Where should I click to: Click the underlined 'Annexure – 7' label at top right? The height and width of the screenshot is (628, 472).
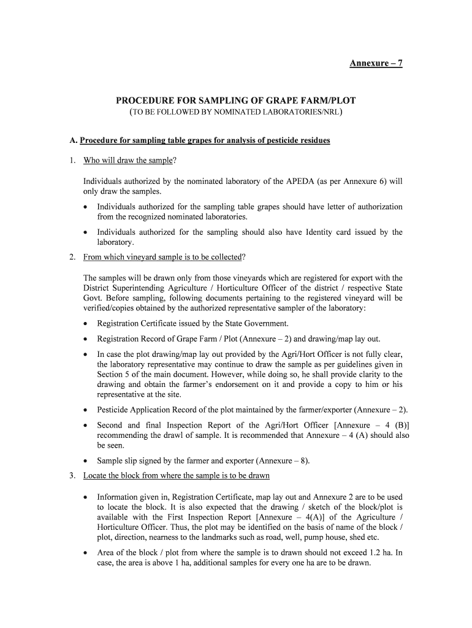[x=376, y=64]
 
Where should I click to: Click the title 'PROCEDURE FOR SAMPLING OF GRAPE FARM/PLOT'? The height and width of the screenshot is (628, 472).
[x=236, y=101]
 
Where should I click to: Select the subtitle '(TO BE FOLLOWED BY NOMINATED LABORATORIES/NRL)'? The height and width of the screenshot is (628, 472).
[x=236, y=113]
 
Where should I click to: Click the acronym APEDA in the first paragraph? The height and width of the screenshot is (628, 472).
[x=299, y=182]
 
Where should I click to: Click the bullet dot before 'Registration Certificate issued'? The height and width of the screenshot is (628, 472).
[x=86, y=324]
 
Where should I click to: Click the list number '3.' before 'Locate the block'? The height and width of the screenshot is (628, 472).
[x=72, y=476]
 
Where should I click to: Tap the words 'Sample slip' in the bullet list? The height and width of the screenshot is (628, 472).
[x=118, y=461]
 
